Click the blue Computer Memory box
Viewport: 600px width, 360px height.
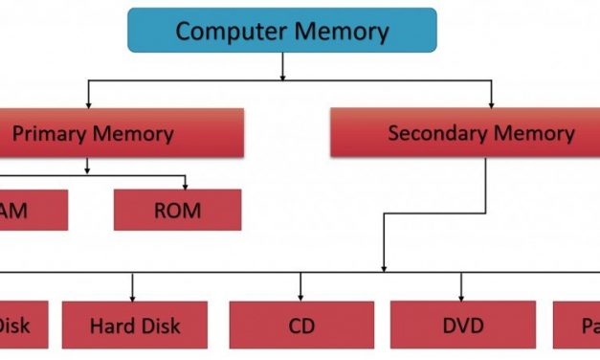coord(281,30)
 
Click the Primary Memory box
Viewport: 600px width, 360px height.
coord(115,132)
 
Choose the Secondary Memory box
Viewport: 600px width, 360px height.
coord(481,132)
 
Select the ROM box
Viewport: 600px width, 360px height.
coord(177,210)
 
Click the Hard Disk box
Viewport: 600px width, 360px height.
coord(135,326)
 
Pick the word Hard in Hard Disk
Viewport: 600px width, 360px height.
coord(110,326)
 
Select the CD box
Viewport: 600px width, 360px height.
coord(301,326)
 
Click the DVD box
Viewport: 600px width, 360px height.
coord(462,326)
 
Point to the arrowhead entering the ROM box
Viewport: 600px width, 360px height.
coord(185,185)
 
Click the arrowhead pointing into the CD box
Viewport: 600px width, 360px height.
coord(301,296)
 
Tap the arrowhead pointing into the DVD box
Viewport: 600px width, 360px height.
coord(462,296)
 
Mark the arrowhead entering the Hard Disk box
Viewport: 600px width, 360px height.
coord(133,296)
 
